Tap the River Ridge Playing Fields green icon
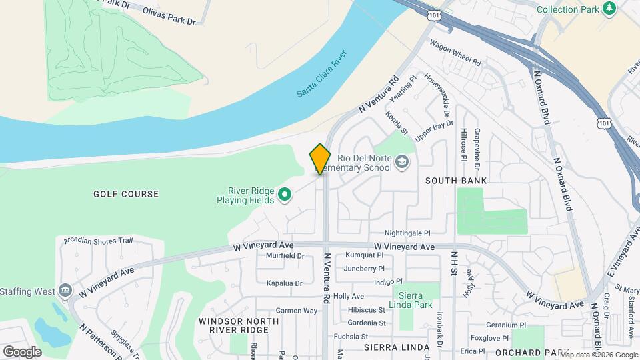click(285, 195)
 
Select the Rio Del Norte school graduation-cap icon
click(402, 161)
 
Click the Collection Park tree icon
click(608, 8)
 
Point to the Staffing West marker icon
click(65, 291)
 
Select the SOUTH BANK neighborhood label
click(456, 181)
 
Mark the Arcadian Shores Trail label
click(99, 240)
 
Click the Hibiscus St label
click(366, 310)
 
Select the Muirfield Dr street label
click(285, 255)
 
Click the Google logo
click(22, 352)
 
